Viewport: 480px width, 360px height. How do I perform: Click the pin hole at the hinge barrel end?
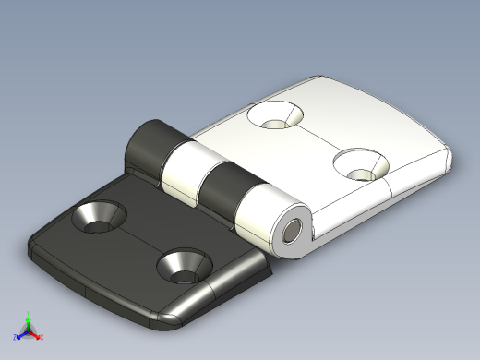[294, 231]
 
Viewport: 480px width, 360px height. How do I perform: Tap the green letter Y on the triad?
[29, 311]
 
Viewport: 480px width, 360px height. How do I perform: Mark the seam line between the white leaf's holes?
[318, 140]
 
